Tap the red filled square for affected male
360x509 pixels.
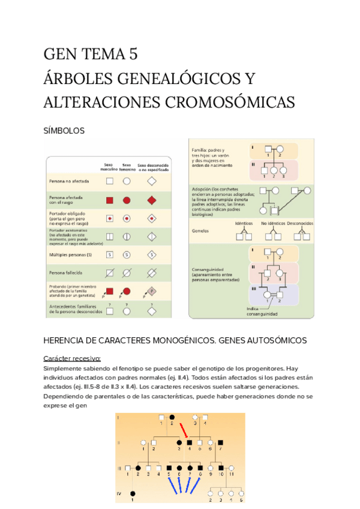(110, 199)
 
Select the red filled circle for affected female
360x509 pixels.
(127, 199)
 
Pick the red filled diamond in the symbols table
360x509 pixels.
(152, 199)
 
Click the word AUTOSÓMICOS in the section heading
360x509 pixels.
(275, 340)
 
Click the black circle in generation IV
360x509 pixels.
(133, 493)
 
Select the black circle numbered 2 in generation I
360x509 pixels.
(172, 417)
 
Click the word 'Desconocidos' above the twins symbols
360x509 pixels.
(299, 223)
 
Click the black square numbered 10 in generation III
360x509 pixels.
(221, 468)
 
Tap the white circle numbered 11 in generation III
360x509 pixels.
(231, 468)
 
